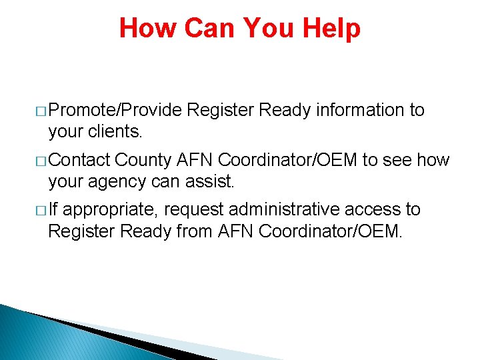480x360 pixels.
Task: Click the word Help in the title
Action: [331, 28]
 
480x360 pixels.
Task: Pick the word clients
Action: [115, 132]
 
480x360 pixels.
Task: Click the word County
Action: [145, 160]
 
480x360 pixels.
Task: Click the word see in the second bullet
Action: [396, 160]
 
